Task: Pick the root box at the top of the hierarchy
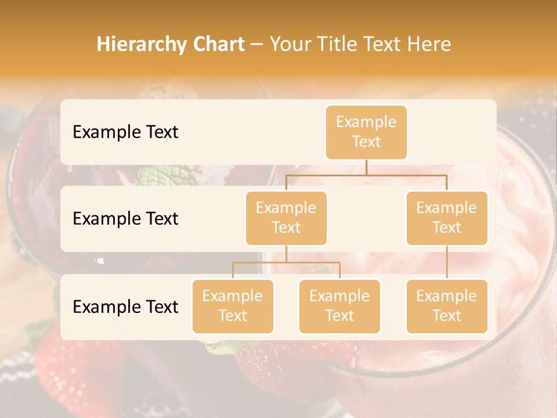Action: (366, 132)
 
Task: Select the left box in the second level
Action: (286, 218)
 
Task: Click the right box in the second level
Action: (447, 218)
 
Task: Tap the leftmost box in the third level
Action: (233, 306)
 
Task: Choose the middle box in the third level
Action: (339, 306)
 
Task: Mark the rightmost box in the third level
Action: (447, 306)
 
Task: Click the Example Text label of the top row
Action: (125, 132)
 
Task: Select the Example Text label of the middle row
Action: (125, 219)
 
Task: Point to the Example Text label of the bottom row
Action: (125, 307)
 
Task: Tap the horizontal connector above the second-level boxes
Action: (366, 175)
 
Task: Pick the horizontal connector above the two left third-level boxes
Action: (286, 262)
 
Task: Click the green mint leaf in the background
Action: (159, 175)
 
